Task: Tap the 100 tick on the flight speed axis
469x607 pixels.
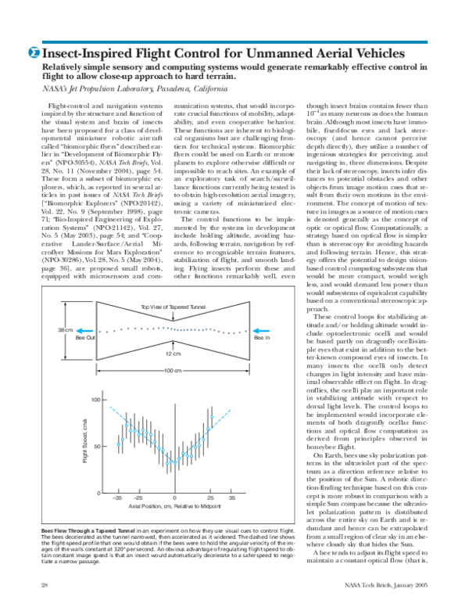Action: tap(97, 400)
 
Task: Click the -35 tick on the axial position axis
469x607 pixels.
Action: tap(117, 497)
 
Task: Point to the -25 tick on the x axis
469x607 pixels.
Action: tap(137, 497)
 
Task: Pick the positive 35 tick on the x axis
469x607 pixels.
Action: tap(232, 497)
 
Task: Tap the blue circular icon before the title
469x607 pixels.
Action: tap(34, 52)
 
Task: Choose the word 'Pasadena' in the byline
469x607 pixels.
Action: tap(173, 90)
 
